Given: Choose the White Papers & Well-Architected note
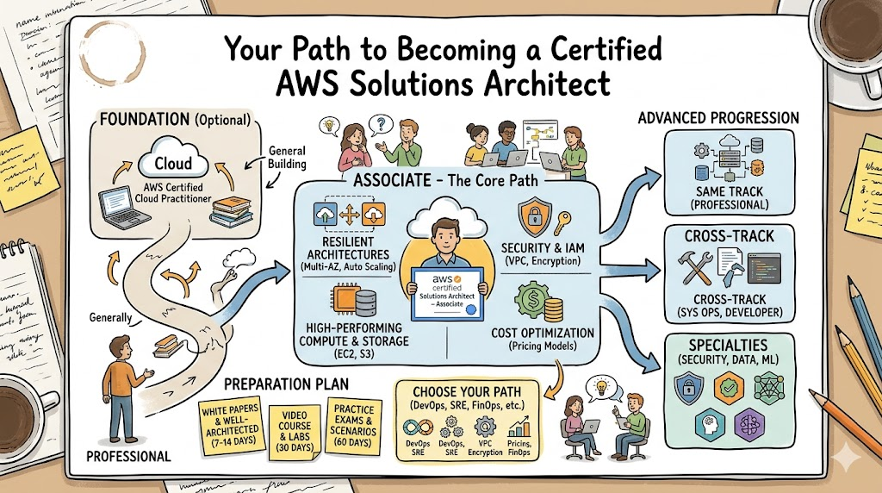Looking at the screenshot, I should pos(231,425).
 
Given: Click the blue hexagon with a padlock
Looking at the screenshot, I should pos(688,389).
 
